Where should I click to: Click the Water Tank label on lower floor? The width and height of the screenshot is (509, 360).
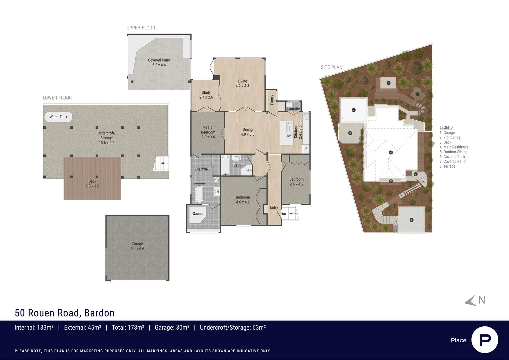[58, 117]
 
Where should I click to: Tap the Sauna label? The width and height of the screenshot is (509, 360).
[197, 214]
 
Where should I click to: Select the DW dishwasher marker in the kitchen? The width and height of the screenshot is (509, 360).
[289, 136]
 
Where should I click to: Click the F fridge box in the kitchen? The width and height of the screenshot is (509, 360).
[306, 149]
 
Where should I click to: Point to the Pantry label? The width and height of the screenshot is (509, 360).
[272, 100]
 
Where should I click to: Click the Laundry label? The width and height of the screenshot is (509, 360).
[293, 109]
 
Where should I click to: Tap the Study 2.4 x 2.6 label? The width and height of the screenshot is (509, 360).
[206, 95]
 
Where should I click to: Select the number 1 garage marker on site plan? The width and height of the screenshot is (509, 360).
[411, 220]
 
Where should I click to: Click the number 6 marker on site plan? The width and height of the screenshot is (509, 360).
[388, 83]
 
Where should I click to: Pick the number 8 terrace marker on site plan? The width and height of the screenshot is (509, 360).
[350, 133]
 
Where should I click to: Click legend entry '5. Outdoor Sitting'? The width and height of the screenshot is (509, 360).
[453, 152]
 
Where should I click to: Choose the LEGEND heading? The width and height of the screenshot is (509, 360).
[446, 127]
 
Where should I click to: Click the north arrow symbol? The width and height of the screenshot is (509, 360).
[471, 301]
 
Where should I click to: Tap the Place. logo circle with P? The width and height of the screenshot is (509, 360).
[485, 340]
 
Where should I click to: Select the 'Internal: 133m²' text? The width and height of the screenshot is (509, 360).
[34, 328]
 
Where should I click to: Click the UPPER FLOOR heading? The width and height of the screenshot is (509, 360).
[141, 28]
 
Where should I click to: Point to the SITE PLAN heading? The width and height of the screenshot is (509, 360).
[331, 67]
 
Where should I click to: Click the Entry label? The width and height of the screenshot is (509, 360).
[274, 207]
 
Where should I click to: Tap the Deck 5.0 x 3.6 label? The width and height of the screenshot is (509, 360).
[92, 184]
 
